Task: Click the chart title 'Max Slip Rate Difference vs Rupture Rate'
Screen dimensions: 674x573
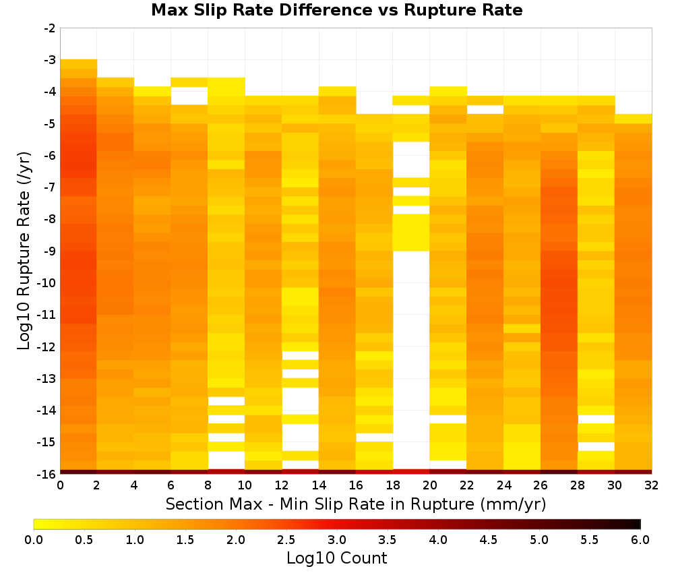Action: [x=336, y=10]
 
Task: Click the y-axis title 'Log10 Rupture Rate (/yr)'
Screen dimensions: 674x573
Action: [x=24, y=251]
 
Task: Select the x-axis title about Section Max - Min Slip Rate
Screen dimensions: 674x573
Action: [x=355, y=504]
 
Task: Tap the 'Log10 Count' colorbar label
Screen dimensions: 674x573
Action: [x=336, y=558]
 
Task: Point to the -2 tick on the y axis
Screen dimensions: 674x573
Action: [x=51, y=28]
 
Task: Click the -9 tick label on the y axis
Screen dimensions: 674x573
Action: [x=51, y=251]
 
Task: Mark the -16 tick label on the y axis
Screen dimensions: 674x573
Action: [x=48, y=474]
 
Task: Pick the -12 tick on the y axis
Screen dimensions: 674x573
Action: [x=48, y=346]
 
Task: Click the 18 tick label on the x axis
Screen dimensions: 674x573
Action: [x=393, y=485]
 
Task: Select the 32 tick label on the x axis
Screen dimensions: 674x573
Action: [x=652, y=485]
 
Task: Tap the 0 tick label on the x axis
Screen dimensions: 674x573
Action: [x=60, y=485]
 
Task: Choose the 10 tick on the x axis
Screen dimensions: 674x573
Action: [x=245, y=485]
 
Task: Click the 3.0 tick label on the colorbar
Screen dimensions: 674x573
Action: [x=337, y=540]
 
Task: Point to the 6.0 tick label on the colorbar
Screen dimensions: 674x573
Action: [x=640, y=540]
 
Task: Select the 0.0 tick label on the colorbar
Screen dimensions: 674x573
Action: [x=34, y=540]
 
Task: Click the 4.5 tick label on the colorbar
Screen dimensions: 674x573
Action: [x=489, y=540]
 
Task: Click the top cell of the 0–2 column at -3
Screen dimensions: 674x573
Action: [x=79, y=64]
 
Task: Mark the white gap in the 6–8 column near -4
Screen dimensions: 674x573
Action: [x=189, y=96]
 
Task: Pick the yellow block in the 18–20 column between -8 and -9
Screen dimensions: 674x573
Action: [x=411, y=233]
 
